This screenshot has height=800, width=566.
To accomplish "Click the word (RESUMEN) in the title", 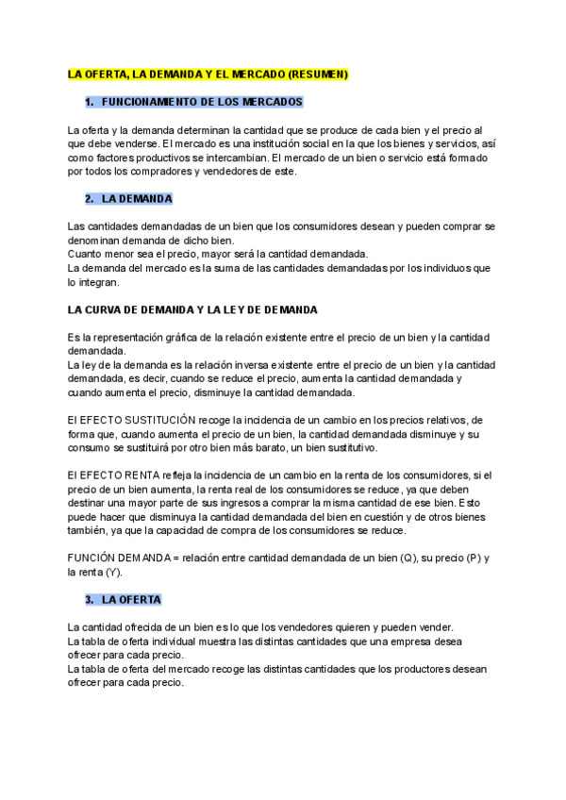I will (319, 74).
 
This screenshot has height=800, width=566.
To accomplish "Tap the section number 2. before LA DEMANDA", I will (90, 199).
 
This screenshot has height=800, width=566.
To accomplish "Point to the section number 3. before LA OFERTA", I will (90, 599).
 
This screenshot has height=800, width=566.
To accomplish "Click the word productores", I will (403, 669).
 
